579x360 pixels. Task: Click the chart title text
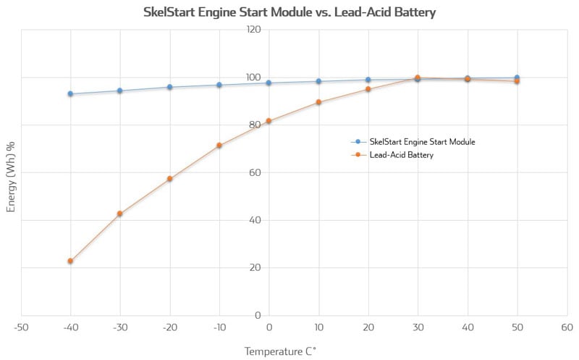click(x=289, y=12)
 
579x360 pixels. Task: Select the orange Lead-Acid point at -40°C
click(x=70, y=261)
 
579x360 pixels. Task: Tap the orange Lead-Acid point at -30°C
click(x=119, y=214)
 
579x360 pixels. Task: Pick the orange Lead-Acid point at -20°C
click(x=169, y=179)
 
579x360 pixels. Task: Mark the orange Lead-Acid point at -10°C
click(x=219, y=146)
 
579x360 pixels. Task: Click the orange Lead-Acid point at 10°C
click(x=318, y=102)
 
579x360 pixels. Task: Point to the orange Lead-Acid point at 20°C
click(x=368, y=89)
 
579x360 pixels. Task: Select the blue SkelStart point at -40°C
click(x=70, y=93)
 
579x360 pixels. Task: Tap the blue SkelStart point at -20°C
click(x=169, y=87)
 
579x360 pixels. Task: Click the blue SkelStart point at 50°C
click(x=517, y=78)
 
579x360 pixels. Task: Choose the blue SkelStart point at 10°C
click(x=318, y=81)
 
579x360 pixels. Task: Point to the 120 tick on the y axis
click(x=253, y=30)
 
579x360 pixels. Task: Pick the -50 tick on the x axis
click(x=20, y=327)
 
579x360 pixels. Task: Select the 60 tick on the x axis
click(x=566, y=327)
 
